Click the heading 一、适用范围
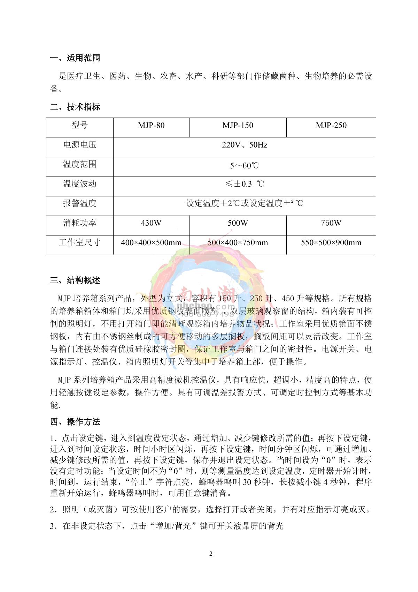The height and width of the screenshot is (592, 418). [75, 58]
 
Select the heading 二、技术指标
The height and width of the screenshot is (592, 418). [75, 107]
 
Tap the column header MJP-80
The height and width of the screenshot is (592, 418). [151, 126]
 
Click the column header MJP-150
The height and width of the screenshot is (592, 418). [238, 126]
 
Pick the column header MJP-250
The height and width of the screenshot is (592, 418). [331, 126]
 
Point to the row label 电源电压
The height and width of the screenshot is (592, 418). [80, 145]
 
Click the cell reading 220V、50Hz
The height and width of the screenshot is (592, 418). [245, 145]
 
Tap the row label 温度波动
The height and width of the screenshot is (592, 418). [80, 184]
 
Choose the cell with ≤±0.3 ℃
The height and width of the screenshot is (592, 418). [245, 184]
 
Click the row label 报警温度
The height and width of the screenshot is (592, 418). [80, 203]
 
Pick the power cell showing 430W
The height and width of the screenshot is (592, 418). [151, 223]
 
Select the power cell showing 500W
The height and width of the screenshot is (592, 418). [238, 223]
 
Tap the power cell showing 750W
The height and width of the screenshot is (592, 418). [331, 223]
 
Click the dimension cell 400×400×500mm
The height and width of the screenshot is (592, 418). [151, 242]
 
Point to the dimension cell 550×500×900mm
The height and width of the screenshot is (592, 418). [331, 242]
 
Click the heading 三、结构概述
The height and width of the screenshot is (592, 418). [75, 280]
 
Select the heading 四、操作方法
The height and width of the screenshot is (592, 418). [75, 422]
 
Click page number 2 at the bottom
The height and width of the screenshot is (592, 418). [211, 554]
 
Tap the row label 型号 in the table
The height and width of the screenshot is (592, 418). [80, 126]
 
